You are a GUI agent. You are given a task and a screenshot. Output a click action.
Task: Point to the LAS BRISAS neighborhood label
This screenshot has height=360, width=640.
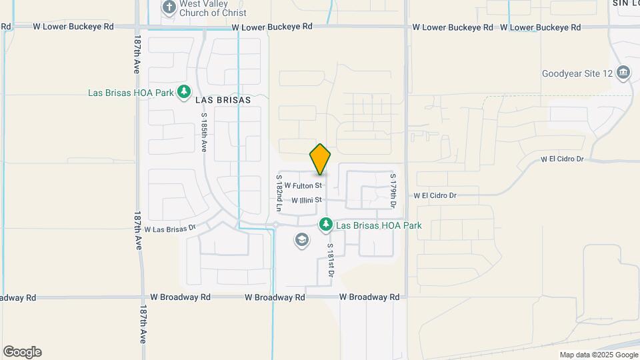coord(223,100)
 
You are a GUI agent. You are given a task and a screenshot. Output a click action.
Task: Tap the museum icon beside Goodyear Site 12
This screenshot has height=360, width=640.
coord(623,72)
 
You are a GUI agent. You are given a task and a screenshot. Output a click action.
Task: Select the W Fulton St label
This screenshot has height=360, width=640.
coord(303,185)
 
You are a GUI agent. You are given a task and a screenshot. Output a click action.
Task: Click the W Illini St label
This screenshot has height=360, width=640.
coord(307,199)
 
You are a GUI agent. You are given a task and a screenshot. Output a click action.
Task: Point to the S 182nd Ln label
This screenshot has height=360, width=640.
coord(279,193)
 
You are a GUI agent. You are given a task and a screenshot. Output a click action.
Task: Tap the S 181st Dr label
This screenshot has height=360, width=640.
coord(330,259)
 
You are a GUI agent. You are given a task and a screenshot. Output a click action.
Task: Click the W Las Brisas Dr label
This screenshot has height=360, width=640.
coord(170,229)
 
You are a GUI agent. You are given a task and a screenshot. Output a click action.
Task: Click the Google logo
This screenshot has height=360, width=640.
coord(22,352)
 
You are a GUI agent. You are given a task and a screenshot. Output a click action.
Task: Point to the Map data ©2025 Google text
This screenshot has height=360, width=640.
coord(598,355)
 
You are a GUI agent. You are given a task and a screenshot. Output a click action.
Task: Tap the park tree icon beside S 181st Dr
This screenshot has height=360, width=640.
coord(326,225)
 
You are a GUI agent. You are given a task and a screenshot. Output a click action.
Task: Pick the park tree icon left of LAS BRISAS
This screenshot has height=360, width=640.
coord(184,92)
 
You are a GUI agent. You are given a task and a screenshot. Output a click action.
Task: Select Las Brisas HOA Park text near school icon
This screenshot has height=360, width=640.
coord(379,225)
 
